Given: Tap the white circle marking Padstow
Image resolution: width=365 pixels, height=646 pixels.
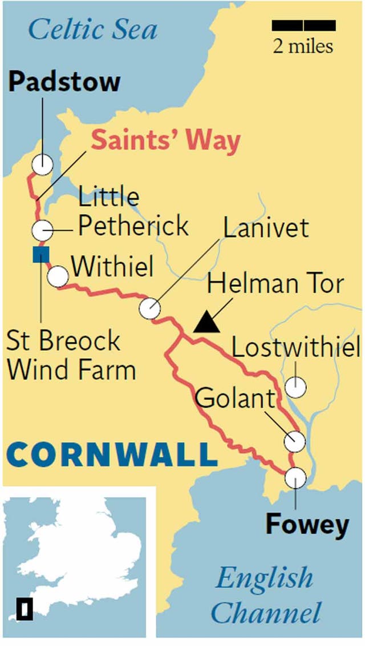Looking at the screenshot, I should (x=42, y=164).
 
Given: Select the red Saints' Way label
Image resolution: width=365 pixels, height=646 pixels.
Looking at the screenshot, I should (x=166, y=141).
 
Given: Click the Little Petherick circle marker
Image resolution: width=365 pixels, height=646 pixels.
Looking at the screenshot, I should (x=42, y=231).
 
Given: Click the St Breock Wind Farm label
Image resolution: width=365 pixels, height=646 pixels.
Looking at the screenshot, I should (x=71, y=355).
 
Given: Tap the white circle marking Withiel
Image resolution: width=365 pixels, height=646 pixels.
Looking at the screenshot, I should (x=58, y=277).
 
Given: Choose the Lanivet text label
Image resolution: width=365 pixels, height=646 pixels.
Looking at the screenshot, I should (x=266, y=228).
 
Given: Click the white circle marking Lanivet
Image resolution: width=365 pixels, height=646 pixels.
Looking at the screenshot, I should (x=150, y=308).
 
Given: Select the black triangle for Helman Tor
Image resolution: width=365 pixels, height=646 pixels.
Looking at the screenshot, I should (x=206, y=323).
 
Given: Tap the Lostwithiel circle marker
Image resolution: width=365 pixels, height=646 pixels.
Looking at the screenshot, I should (x=295, y=387).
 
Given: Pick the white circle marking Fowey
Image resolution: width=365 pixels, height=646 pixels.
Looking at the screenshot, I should (x=295, y=477).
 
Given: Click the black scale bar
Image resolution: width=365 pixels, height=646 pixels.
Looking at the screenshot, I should (x=303, y=25).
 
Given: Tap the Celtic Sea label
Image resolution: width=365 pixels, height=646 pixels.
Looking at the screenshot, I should (x=93, y=29).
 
